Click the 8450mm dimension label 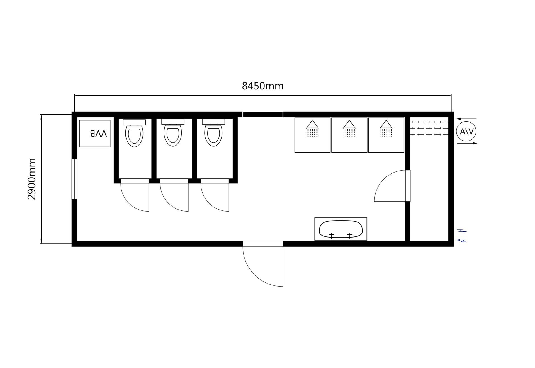pyautogui.click(x=262, y=86)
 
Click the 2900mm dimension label pyautogui.click(x=32, y=179)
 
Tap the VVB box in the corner pyautogui.click(x=95, y=134)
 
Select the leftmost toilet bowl pyautogui.click(x=134, y=136)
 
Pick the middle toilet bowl pyautogui.click(x=173, y=135)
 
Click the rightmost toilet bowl pyautogui.click(x=213, y=135)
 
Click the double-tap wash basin pyautogui.click(x=341, y=229)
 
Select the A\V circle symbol pyautogui.click(x=466, y=131)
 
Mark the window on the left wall pyautogui.click(x=74, y=179)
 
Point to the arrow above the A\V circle pyautogui.click(x=467, y=119)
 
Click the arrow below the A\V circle pyautogui.click(x=467, y=143)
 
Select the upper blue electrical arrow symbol pyautogui.click(x=462, y=231)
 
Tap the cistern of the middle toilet pyautogui.click(x=173, y=122)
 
